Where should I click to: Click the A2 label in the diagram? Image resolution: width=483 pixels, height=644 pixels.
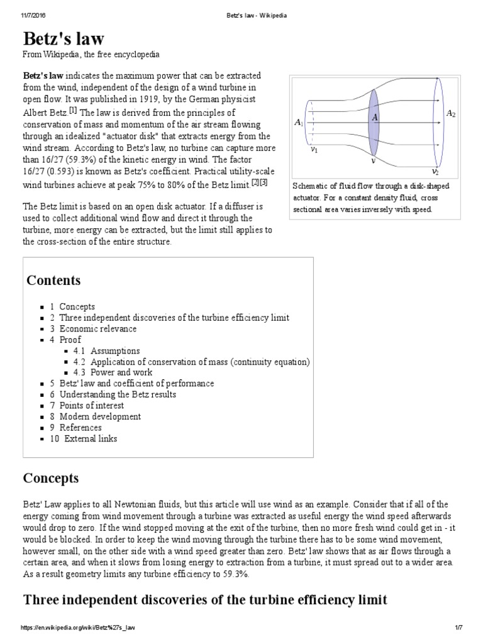pos(451,114)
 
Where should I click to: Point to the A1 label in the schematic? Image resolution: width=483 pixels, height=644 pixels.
pos(299,123)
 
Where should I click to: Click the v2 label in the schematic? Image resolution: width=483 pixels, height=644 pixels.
pos(435,171)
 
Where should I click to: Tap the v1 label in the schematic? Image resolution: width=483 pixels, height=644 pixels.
pos(314,150)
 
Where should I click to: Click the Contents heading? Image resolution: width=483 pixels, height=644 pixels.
pos(53,280)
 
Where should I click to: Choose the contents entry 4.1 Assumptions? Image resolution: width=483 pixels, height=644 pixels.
pos(106,351)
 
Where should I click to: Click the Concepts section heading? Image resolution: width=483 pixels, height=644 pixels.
pos(51,479)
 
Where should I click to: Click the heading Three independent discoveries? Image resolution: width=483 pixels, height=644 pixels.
pos(204,600)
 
